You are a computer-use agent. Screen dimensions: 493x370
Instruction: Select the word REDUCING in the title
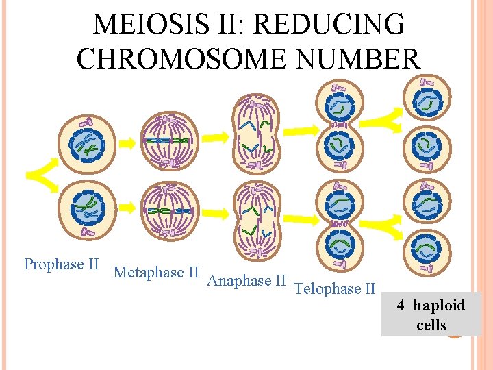coord(329,25)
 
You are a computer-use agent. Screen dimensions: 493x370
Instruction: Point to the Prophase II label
coord(62,264)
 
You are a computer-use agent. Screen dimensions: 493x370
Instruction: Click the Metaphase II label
coord(156,273)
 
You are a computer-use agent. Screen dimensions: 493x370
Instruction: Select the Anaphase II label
coord(246,280)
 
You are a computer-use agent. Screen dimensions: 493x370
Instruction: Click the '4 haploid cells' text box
coord(431,314)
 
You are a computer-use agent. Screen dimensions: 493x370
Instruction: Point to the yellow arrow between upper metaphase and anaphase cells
coord(215,138)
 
